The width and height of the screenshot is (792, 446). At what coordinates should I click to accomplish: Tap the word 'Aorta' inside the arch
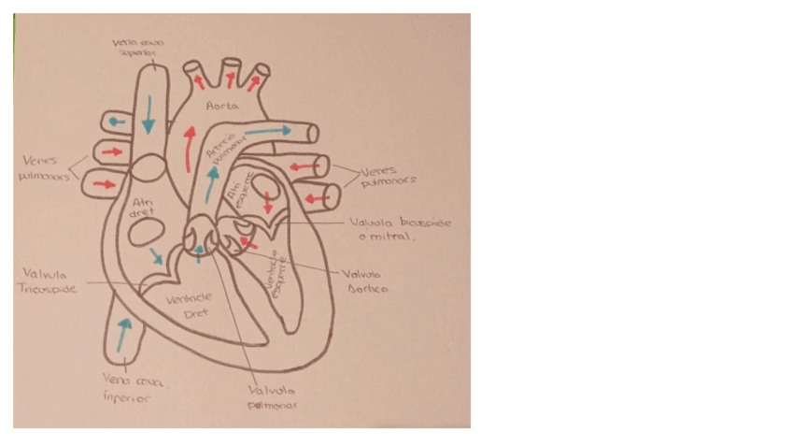pos(222,106)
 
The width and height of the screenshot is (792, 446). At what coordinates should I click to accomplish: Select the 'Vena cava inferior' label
pos(127,388)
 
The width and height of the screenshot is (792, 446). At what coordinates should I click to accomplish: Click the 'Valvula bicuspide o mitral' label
pos(399,230)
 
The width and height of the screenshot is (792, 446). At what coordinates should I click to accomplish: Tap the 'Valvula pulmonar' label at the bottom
pos(272,397)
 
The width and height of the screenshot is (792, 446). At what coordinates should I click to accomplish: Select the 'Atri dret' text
pos(144,207)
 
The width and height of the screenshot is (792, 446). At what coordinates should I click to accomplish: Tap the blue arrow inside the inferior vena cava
pos(122,335)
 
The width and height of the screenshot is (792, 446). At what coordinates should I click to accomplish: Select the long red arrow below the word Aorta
pos(190,150)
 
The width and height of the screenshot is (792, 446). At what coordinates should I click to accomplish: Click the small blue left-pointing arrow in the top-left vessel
pos(116,122)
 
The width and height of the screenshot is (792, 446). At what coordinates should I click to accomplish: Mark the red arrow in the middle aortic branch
pos(231,79)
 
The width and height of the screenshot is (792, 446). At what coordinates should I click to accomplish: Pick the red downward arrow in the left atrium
pos(268,200)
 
